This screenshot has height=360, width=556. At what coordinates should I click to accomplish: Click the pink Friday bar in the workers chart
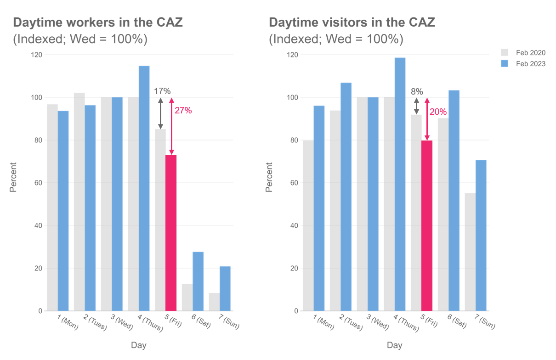pos(171,233)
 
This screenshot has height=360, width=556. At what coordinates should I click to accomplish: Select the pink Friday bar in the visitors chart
pos(427,226)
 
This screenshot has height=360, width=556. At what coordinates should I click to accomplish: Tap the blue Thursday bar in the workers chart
pos(144,188)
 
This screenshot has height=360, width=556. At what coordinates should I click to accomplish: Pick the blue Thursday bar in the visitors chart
pos(400,184)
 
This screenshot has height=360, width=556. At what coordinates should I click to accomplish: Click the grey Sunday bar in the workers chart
pos(214,302)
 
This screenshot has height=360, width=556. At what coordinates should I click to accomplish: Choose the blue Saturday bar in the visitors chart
pos(454,201)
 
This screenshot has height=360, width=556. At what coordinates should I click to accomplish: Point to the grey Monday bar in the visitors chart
pos(308,225)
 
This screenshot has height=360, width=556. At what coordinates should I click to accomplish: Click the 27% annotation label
pos(183,111)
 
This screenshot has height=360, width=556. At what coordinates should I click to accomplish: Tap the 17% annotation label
pos(162,91)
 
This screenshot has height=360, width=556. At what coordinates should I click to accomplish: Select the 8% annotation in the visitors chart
pos(417,91)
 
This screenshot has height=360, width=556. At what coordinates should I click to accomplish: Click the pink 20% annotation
pos(438,112)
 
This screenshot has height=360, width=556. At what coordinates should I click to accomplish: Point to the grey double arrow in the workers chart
pos(160,113)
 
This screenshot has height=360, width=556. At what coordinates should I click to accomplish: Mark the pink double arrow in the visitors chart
pos(427,119)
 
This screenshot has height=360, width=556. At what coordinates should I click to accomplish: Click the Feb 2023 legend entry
pos(523,64)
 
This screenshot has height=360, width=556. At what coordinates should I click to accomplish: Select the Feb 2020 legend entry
pos(523,53)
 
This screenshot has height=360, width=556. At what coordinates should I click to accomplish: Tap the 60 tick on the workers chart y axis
pos(38,183)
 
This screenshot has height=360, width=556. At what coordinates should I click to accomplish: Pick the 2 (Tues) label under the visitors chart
pos(351,322)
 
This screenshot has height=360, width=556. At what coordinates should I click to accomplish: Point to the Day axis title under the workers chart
pos(139,345)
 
